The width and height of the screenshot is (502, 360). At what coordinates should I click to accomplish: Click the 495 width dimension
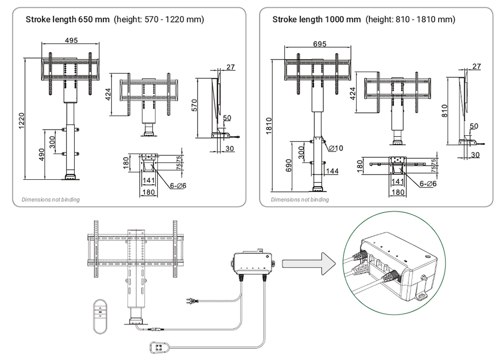pos(72,40)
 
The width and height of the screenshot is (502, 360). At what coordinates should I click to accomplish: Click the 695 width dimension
pos(320,44)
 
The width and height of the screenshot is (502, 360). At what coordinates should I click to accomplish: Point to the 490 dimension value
pos(42,155)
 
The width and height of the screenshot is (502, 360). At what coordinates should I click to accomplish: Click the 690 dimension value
pos(289,166)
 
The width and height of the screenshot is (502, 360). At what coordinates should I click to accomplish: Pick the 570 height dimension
pos(194,106)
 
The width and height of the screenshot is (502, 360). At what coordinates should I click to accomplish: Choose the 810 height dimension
pos(445,111)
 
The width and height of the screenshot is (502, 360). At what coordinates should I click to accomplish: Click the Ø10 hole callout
pos(336,148)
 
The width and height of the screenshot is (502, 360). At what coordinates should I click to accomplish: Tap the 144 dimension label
pos(332,171)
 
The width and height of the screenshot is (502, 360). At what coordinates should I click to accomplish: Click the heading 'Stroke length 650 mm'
pos(68,20)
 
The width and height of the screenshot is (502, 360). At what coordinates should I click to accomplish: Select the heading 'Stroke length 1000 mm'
pos(316,20)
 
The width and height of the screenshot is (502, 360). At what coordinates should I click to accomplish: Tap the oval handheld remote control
pos(100,316)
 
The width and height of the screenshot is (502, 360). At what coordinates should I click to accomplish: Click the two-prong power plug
pos(192,301)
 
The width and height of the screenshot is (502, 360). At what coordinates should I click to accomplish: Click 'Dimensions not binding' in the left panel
pos(51,200)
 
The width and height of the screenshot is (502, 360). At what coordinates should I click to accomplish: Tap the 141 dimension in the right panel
pos(397,181)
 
